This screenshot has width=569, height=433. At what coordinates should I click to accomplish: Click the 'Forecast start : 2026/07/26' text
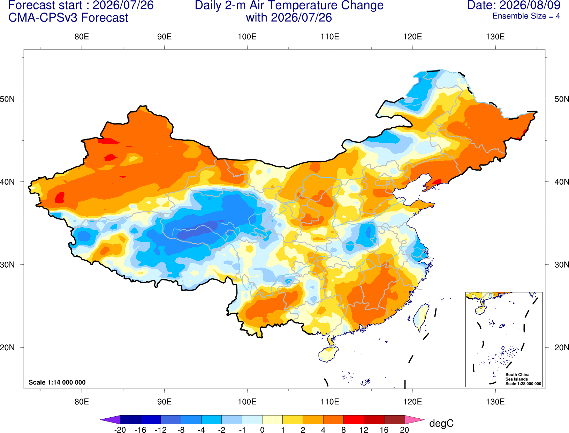(x=81, y=5)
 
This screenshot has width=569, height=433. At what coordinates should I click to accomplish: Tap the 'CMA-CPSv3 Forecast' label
(x=68, y=18)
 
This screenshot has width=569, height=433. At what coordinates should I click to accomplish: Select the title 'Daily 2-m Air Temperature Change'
(x=289, y=5)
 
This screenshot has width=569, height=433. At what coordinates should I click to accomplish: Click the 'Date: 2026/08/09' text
(x=514, y=5)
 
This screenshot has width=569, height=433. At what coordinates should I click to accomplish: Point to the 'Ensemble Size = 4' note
(x=526, y=16)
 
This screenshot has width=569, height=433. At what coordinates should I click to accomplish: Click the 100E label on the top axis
(x=247, y=37)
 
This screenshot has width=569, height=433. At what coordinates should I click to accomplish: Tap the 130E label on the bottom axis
(x=495, y=402)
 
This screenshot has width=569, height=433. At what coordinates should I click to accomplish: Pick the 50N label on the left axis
(x=7, y=99)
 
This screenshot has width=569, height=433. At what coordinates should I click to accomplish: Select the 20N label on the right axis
(x=562, y=348)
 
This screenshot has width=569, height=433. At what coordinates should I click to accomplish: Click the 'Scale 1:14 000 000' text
(x=57, y=382)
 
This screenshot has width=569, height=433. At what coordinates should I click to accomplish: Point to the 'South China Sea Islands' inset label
(x=517, y=377)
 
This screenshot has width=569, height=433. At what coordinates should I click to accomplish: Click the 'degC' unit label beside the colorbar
(x=441, y=423)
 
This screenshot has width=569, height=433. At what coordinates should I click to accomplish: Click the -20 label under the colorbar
(x=120, y=430)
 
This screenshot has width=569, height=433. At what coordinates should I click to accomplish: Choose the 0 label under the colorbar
(x=262, y=430)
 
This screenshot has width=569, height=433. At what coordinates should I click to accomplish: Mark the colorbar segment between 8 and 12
(x=354, y=419)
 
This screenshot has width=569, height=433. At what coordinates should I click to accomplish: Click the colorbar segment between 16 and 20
(x=394, y=419)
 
